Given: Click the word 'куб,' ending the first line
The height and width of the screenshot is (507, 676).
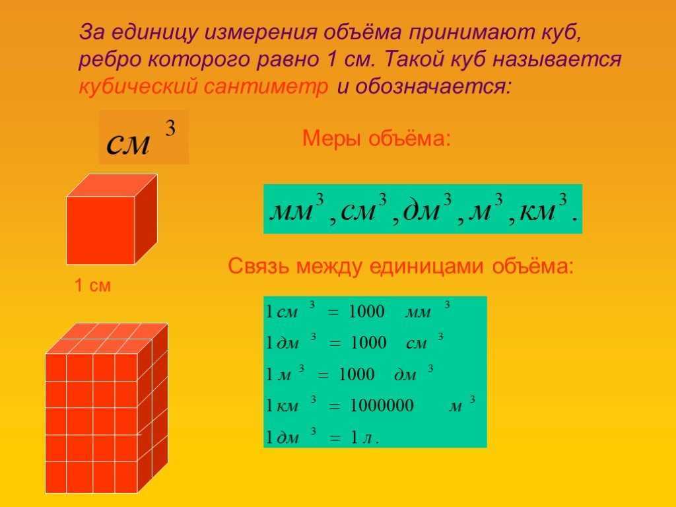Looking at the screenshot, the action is pos(562,33).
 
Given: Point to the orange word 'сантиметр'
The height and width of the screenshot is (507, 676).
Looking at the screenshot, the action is pos(265,86).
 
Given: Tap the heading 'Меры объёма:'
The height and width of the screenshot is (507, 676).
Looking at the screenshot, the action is pos(376,139).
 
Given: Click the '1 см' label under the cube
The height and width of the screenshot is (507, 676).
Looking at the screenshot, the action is pos(92,285).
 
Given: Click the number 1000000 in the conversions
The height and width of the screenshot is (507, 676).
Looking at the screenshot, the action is pos(382,406).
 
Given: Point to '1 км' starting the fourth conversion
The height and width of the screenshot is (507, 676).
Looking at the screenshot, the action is pos(282,406).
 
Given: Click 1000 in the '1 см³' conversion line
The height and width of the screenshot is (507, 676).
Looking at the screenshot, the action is pos(366,312).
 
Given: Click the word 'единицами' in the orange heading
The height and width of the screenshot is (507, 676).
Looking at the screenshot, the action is pos(426,266).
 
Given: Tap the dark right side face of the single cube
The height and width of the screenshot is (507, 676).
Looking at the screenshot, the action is pos(146,219).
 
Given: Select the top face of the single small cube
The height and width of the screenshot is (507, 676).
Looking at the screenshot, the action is pos(112,186).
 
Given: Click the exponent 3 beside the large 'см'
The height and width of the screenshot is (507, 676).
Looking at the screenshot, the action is pos(170,128).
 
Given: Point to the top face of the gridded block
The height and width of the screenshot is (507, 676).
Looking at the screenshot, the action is pos(107,339).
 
